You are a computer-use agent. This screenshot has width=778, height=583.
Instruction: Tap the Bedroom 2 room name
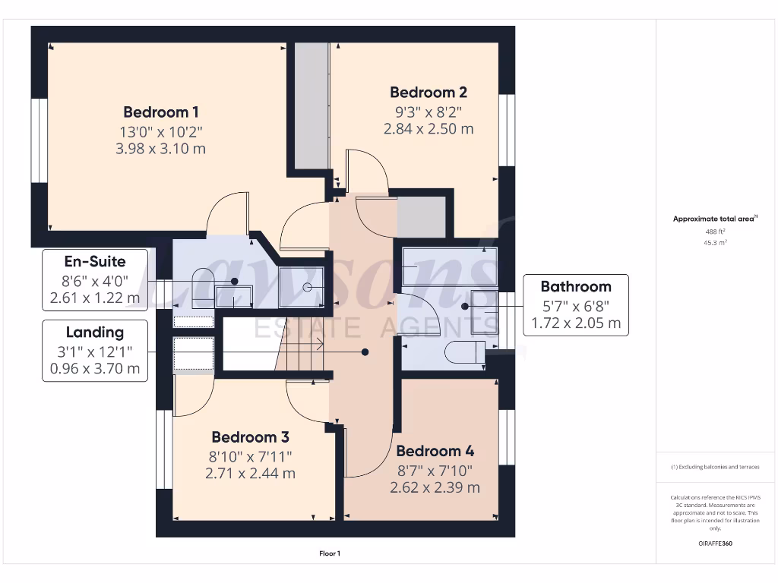pyautogui.click(x=429, y=92)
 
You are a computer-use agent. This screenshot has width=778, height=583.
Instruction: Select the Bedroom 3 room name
pyautogui.click(x=250, y=437)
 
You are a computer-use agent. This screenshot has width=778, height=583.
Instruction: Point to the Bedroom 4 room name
pyautogui.click(x=435, y=451)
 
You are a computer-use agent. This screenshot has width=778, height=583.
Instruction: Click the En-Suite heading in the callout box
pyautogui.click(x=94, y=262)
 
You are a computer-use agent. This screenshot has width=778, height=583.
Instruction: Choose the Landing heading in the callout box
pyautogui.click(x=94, y=332)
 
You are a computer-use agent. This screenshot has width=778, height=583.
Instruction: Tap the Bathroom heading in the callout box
pyautogui.click(x=576, y=286)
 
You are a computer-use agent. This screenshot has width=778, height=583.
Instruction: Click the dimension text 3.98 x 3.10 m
pyautogui.click(x=160, y=149)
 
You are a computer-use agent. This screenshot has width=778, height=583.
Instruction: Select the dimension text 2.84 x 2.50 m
pyautogui.click(x=429, y=128)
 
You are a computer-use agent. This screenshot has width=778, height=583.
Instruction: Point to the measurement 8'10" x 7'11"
pyautogui.click(x=250, y=455)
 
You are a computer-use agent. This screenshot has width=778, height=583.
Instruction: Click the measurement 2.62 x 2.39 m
pyautogui.click(x=435, y=487)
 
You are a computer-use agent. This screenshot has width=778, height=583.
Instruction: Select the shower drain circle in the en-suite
pyautogui.click(x=308, y=287)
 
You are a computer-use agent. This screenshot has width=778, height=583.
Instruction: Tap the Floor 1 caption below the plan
pyautogui.click(x=329, y=554)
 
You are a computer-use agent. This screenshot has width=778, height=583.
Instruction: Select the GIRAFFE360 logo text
pyautogui.click(x=714, y=544)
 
